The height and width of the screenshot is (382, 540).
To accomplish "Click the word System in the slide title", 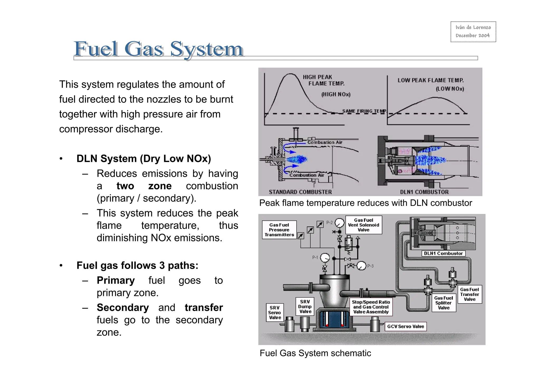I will point(206,49).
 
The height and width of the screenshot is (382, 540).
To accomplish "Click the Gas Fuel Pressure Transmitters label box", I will point(279,230).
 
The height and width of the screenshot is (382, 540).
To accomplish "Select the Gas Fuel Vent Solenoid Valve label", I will point(363,225).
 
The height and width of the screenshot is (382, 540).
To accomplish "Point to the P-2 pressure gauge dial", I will point(339,223).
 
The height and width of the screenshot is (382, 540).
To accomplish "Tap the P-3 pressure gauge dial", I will point(361,266).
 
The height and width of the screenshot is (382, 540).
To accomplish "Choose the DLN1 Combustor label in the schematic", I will point(443,253).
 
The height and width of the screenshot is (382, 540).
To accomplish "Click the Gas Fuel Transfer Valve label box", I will point(469,294).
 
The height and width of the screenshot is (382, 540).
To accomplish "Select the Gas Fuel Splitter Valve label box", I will point(443,303).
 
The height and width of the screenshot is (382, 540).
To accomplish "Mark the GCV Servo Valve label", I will point(405,327).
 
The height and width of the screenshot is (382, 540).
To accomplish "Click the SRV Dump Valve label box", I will point(305,306).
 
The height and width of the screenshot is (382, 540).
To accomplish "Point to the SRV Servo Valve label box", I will point(275,313).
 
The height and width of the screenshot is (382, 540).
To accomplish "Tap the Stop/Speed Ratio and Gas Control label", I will point(371,307).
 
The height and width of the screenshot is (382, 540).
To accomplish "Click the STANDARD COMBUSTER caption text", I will point(300,192).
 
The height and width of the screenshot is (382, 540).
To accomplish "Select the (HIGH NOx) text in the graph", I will point(336,95).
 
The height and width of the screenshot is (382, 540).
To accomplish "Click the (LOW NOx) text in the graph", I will point(450,89).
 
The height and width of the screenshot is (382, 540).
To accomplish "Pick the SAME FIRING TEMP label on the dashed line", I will point(364,111).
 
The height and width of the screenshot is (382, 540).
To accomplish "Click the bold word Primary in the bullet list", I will point(115,280).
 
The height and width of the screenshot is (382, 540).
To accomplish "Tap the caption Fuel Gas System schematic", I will point(315,353).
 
